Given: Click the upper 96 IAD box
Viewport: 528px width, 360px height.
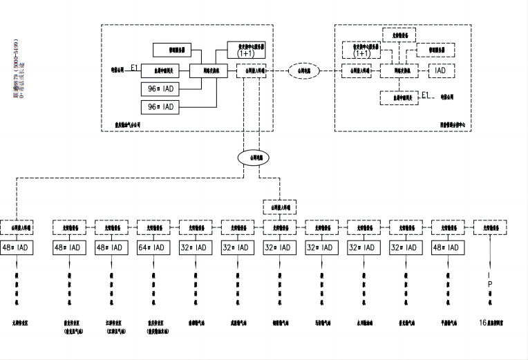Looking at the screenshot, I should tap(160, 89).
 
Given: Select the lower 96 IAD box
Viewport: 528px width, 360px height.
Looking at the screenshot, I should tap(160, 107).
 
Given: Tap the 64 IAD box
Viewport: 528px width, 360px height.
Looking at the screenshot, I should tap(153, 247).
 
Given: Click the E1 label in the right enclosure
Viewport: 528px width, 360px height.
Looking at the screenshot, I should tap(426, 95).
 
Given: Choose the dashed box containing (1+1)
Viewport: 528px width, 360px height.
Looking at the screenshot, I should tap(361, 50).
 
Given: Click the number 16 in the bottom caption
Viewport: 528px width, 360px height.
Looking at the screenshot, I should tap(482, 322).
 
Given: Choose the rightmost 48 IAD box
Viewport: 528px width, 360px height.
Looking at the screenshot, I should tap(449, 247).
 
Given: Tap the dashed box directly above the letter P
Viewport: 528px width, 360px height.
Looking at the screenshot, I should tap(491, 227).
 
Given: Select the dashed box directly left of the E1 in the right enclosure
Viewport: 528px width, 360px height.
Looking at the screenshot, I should tap(399, 98).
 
